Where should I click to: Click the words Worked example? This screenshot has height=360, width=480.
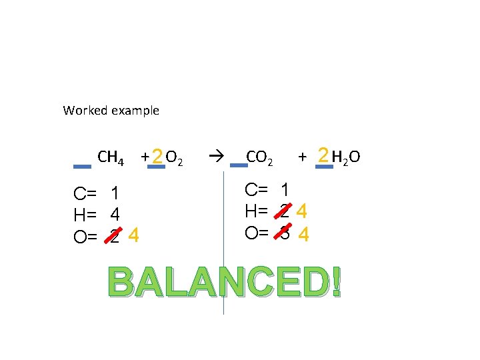[x=111, y=111]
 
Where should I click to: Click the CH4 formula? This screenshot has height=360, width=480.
[x=111, y=158]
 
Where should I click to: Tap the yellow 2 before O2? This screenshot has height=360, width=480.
[x=157, y=157]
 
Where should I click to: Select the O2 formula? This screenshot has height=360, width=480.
[x=175, y=158]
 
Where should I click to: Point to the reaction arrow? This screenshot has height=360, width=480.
[x=214, y=157]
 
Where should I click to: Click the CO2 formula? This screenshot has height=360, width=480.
[x=259, y=157]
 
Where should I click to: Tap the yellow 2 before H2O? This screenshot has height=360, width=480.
[x=323, y=155]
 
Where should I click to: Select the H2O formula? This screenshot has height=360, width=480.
[x=346, y=157]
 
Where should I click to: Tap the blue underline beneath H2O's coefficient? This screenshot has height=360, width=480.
[x=324, y=167]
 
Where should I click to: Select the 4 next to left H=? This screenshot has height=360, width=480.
[x=115, y=215]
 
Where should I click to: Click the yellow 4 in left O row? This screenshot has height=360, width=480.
[x=134, y=235]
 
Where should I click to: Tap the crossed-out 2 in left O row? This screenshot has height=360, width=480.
[x=115, y=237]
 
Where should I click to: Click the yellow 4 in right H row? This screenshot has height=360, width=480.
[x=302, y=213]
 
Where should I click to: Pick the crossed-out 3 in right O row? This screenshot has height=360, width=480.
[x=285, y=234]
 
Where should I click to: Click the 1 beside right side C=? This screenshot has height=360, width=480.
[x=285, y=190]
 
